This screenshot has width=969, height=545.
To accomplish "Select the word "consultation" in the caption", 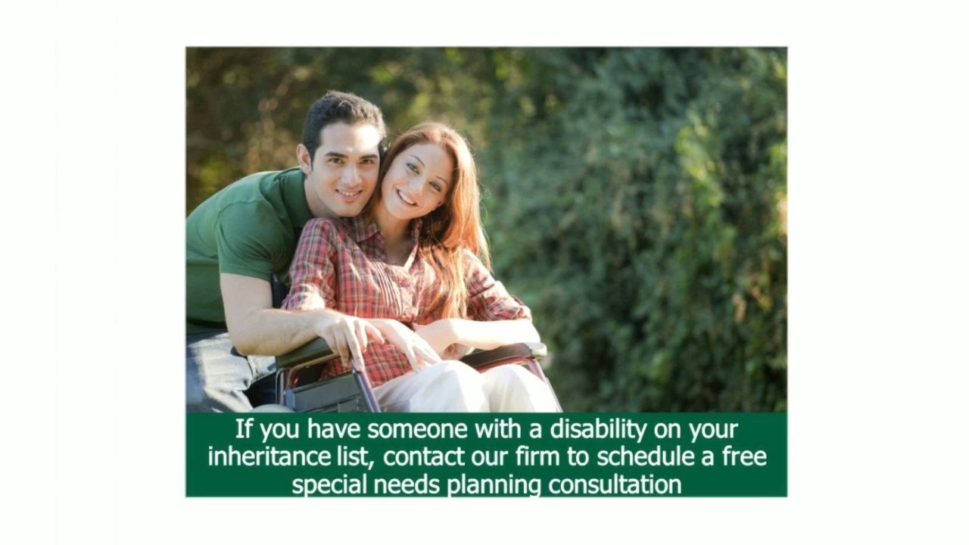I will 615,484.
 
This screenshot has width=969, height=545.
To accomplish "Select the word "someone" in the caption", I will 418,430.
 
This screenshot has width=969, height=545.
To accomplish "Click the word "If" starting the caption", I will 242,430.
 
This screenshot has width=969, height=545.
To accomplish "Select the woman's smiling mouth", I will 407,198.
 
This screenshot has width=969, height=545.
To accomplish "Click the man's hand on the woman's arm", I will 348,333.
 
